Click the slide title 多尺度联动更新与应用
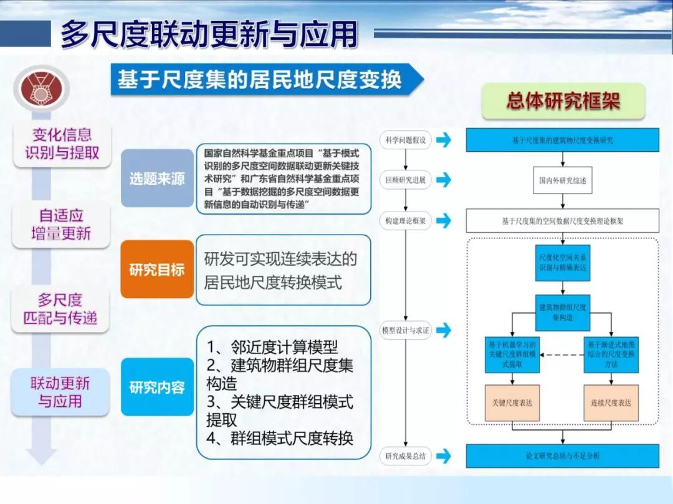[x=209, y=34]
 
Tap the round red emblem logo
[x=42, y=89]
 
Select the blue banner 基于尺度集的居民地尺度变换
[x=262, y=80]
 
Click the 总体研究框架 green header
[x=563, y=101]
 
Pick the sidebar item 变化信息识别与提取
[x=62, y=144]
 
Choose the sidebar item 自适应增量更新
[x=61, y=225]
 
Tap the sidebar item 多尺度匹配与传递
[x=60, y=309]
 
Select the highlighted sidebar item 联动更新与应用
[x=60, y=392]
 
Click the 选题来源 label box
[x=157, y=179]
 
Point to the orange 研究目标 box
[x=157, y=269]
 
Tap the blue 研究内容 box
[x=157, y=387]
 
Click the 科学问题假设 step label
[x=406, y=140]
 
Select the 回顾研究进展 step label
[x=406, y=180]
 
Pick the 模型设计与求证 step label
[x=406, y=330]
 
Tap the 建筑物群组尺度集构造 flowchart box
[x=563, y=312]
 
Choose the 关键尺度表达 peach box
[x=512, y=402]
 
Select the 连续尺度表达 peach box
[x=611, y=402]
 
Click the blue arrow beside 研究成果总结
[x=444, y=456]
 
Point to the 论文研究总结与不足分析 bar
[x=563, y=456]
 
